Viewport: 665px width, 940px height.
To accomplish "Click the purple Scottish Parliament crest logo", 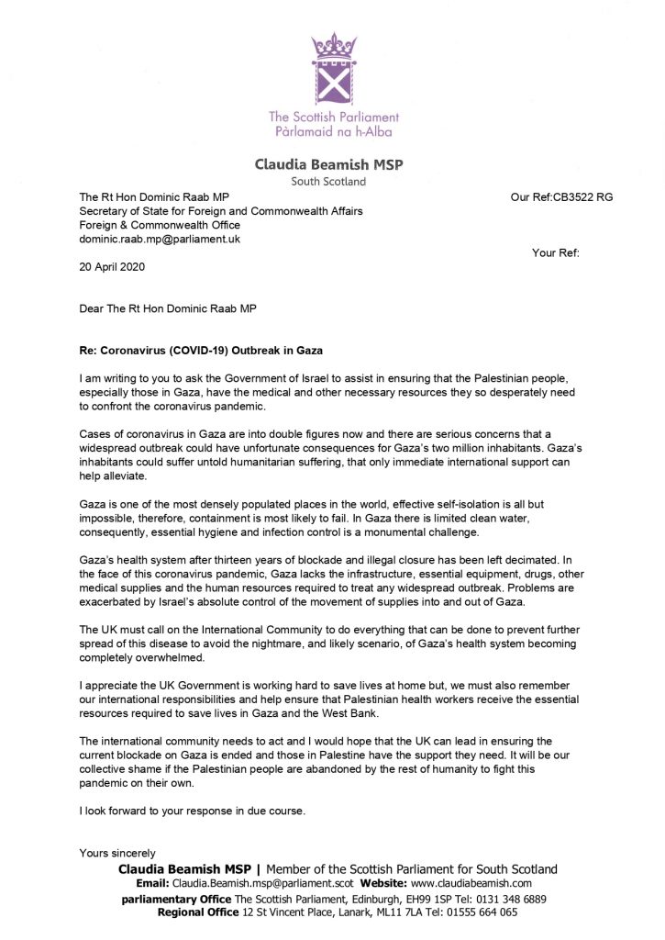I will pos(332,68).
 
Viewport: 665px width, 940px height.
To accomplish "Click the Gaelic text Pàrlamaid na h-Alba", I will pos(333,133).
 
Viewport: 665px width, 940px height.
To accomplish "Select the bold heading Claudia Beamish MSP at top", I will pos(332,165).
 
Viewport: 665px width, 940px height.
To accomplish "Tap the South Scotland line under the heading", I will pos(332,181).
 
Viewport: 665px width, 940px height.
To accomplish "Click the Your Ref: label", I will pos(555,252).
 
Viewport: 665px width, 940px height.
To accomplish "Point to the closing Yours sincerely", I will pos(117,853).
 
